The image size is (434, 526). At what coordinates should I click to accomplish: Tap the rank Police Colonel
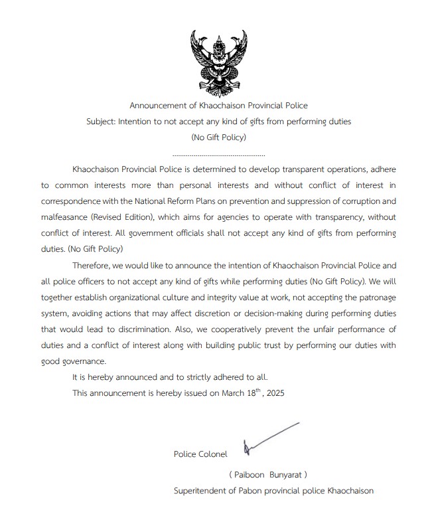tap(200, 454)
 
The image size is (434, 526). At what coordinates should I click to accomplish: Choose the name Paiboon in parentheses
tap(250, 475)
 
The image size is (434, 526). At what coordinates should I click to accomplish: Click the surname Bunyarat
tap(287, 475)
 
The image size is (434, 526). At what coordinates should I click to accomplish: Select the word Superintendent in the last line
tap(202, 491)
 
